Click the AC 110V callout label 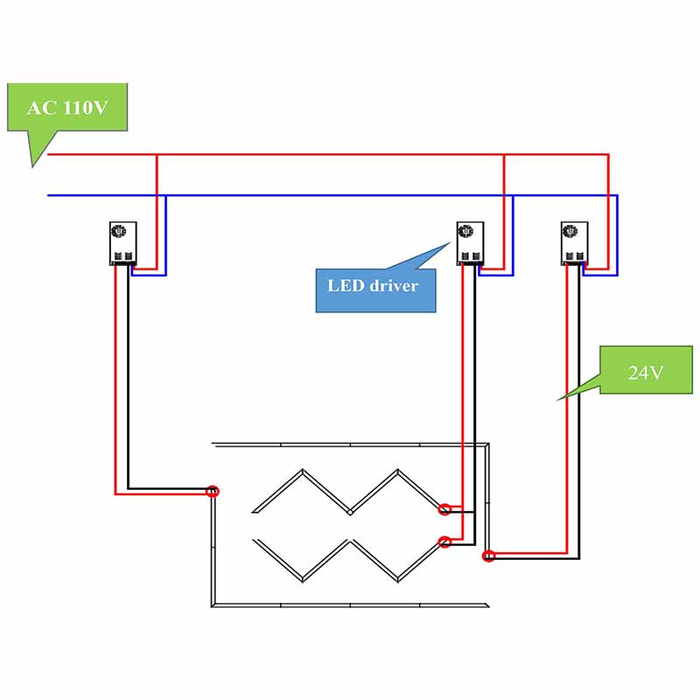click(x=66, y=108)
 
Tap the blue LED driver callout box click(x=375, y=285)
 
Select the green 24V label click(x=646, y=371)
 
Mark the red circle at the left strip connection click(x=212, y=492)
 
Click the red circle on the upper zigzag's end click(x=445, y=508)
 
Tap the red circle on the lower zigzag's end click(x=444, y=542)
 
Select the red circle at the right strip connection click(x=488, y=555)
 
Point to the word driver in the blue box click(x=392, y=285)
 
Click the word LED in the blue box click(x=343, y=285)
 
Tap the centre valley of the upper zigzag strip click(x=350, y=513)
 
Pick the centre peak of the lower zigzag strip click(x=350, y=541)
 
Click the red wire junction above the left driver click(x=157, y=155)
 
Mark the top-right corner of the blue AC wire click(x=618, y=195)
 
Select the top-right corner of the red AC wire click(x=608, y=155)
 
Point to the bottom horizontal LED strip click(x=350, y=605)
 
